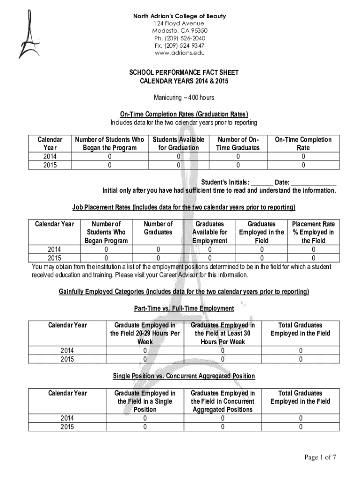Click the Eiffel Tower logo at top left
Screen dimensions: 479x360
pos(26,37)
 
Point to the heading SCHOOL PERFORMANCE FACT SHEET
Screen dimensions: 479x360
pos(184,73)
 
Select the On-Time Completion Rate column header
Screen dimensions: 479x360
pos(303,144)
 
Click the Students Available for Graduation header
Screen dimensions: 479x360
pos(178,144)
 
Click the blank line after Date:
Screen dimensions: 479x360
pos(313,182)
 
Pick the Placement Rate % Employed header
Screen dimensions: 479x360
pos(313,232)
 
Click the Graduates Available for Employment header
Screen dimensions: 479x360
pos(209,232)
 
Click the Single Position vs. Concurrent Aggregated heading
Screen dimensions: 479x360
pos(184,376)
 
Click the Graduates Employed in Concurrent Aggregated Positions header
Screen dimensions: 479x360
pos(223,401)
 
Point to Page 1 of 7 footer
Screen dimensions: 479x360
pos(320,458)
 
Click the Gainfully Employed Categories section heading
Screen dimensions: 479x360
pos(184,292)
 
